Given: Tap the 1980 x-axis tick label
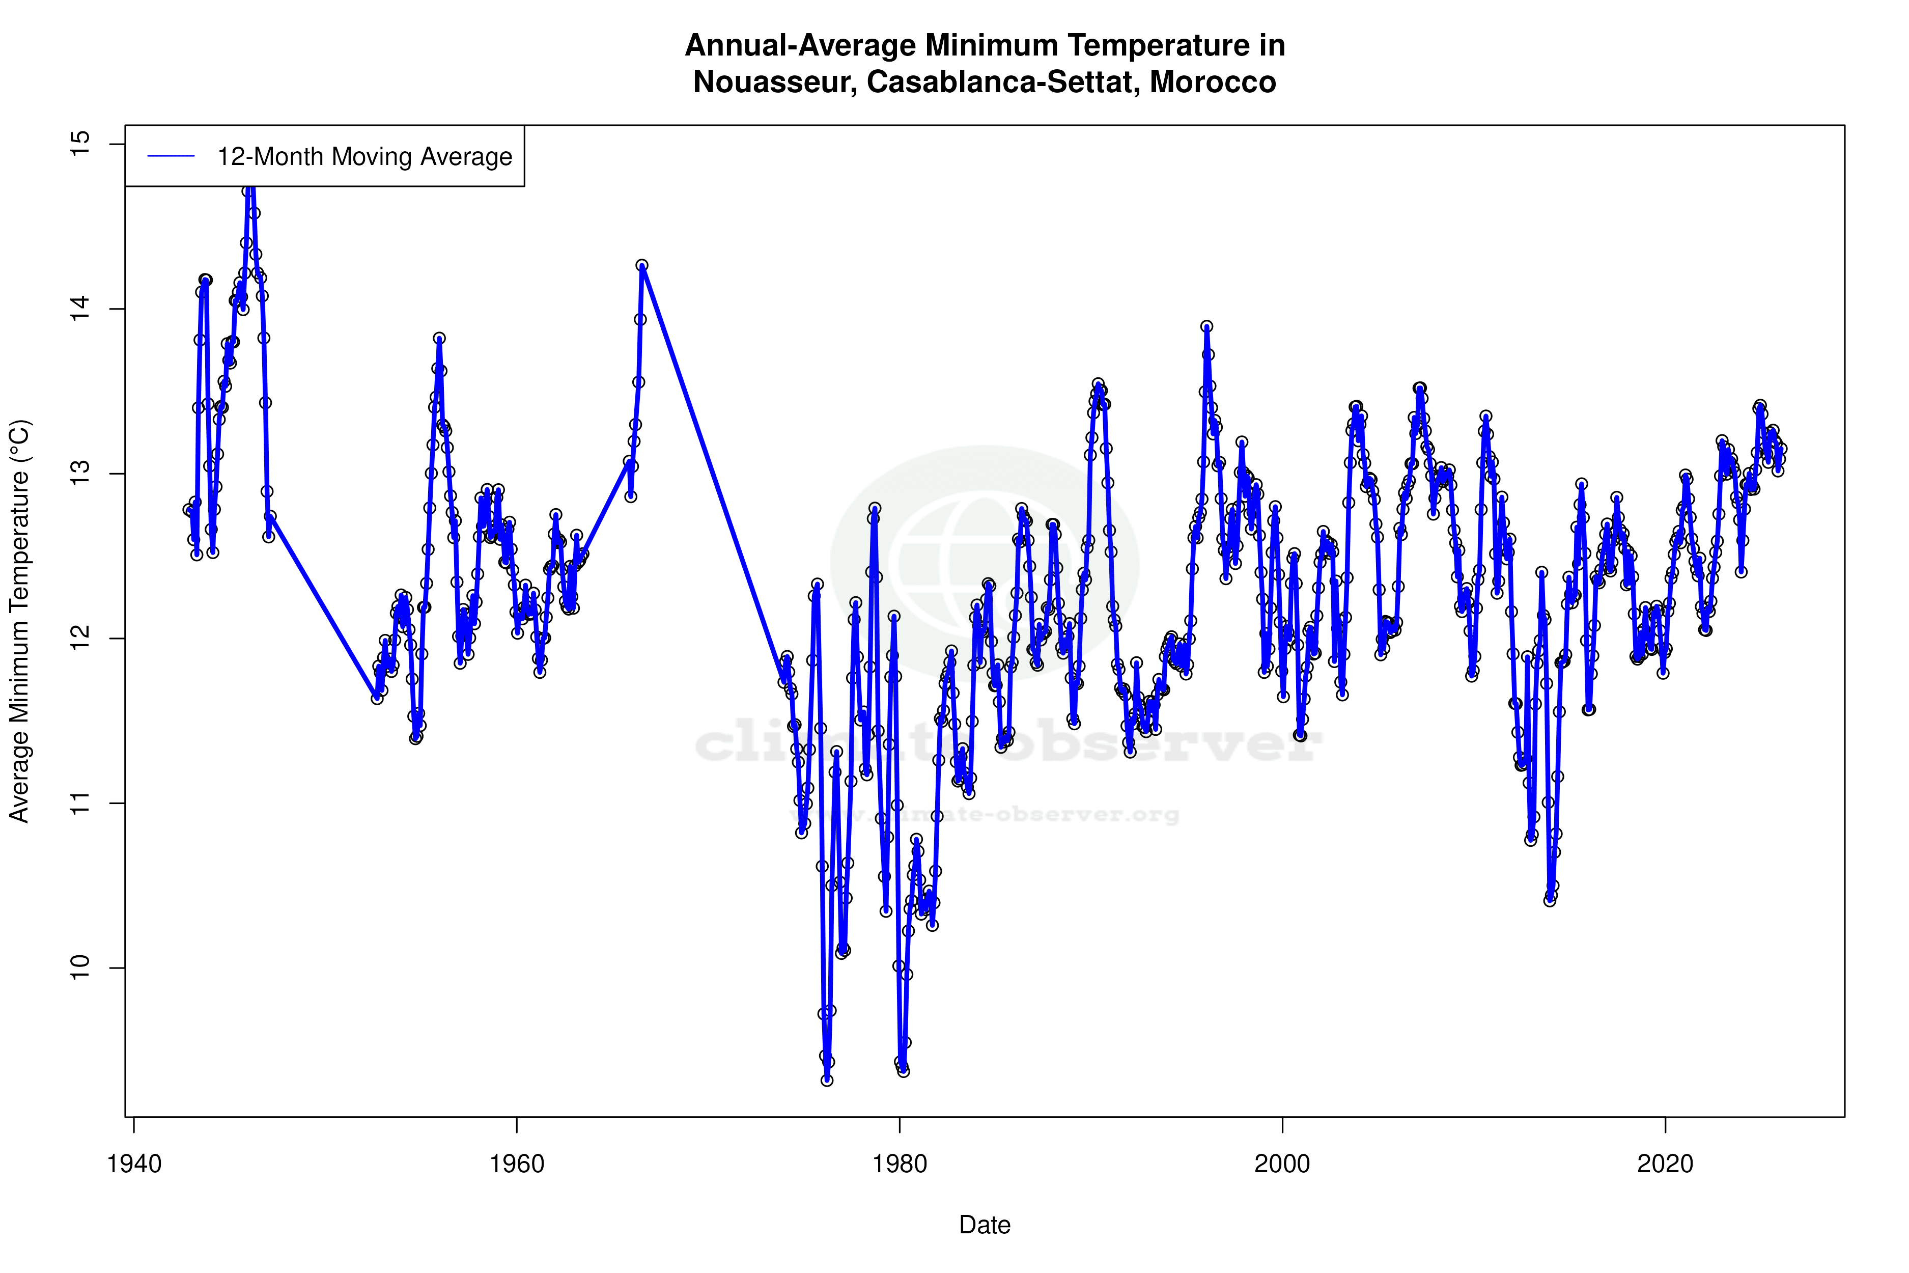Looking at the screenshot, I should [900, 1164].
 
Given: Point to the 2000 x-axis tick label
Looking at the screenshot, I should [1282, 1164].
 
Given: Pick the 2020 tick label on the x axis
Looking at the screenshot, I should [1666, 1164].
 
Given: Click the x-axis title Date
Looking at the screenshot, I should [985, 1225].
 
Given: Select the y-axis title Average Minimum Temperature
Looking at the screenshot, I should [19, 621].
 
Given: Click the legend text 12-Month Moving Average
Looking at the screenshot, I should [364, 157].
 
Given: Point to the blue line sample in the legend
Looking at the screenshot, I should [171, 157].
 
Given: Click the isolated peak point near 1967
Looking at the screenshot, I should [642, 265].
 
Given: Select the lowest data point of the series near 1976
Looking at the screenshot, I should [827, 1080].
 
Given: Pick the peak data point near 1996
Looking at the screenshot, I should [1207, 326].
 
